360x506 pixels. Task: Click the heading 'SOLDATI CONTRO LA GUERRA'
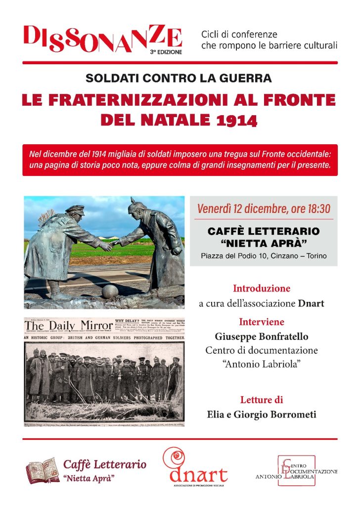pyautogui.click(x=179, y=78)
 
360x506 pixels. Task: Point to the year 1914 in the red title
pyautogui.click(x=240, y=120)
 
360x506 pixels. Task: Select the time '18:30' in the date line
pyautogui.click(x=315, y=209)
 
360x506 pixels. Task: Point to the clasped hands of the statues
pyautogui.click(x=108, y=244)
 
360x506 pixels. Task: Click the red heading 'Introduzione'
pyautogui.click(x=261, y=288)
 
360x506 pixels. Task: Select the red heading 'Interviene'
pyautogui.click(x=262, y=322)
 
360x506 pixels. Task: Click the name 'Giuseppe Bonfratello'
pyautogui.click(x=261, y=337)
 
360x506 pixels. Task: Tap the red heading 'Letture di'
pyautogui.click(x=261, y=400)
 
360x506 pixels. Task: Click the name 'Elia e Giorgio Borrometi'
pyautogui.click(x=261, y=415)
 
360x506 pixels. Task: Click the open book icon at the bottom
pyautogui.click(x=42, y=469)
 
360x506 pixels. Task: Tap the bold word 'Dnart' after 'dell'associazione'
pyautogui.click(x=311, y=303)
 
